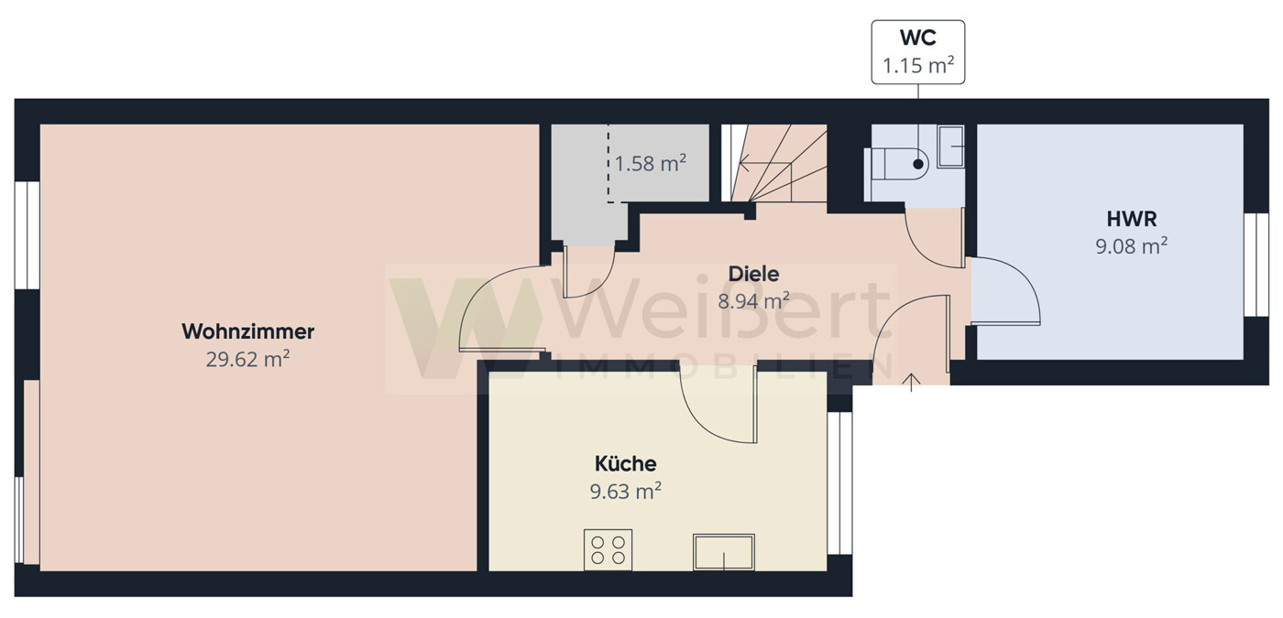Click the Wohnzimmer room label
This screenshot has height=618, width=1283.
coord(248,331)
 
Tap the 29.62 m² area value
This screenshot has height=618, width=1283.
coord(247,359)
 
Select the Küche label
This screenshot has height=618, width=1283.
coord(625,463)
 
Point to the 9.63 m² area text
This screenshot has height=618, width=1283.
coord(625,491)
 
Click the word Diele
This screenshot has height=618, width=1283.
coord(753,274)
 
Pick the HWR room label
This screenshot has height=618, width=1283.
coord(1131,219)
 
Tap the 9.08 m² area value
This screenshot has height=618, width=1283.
coord(1131,246)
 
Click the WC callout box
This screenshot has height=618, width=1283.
coord(918,53)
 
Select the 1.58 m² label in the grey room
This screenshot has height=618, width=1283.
coord(650,164)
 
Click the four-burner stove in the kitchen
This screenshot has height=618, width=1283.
coord(608,550)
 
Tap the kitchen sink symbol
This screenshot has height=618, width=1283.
coord(724,552)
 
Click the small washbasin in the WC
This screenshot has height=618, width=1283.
coord(951,146)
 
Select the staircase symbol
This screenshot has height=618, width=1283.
coord(773,163)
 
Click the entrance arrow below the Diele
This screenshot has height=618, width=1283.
coord(911,383)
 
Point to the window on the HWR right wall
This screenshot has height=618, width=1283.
coord(1256,265)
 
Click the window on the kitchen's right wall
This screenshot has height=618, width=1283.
coord(839,483)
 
